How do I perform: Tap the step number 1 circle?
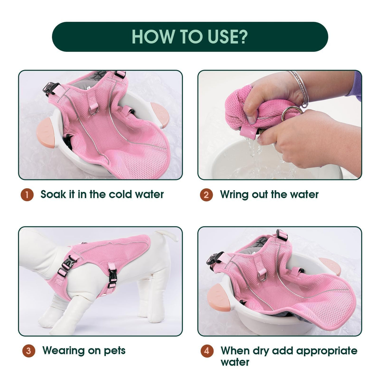pos(27,195)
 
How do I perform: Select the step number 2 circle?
pos(206,195)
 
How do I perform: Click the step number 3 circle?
pos(28,351)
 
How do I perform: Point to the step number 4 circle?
pos(207,351)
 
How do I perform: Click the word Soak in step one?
pos(53,194)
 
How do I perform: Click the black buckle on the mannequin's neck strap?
pos(67,264)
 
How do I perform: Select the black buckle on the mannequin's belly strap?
pos(112,275)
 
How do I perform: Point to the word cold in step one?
pos(120,194)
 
